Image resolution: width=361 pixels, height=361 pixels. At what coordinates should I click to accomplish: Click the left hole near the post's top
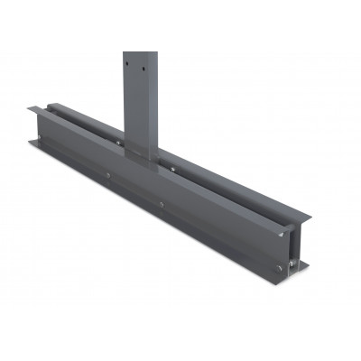coord(129,64)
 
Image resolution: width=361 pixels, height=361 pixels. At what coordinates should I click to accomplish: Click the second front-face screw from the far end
coord(106,176)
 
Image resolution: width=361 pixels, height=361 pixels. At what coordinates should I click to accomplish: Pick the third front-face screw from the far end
coord(162,205)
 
